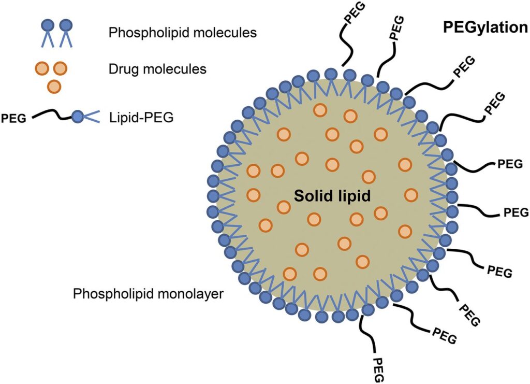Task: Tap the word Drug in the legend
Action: pyautogui.click(x=122, y=68)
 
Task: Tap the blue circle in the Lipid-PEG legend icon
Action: pyautogui.click(x=78, y=117)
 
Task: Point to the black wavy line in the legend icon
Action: pyautogui.click(x=52, y=115)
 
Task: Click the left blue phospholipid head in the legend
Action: pyautogui.click(x=47, y=24)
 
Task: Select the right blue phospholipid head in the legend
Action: pyautogui.click(x=65, y=24)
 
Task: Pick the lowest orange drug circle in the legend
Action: pyautogui.click(x=54, y=87)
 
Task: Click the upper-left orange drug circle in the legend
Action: pyautogui.click(x=43, y=68)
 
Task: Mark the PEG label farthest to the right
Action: pyautogui.click(x=516, y=212)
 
